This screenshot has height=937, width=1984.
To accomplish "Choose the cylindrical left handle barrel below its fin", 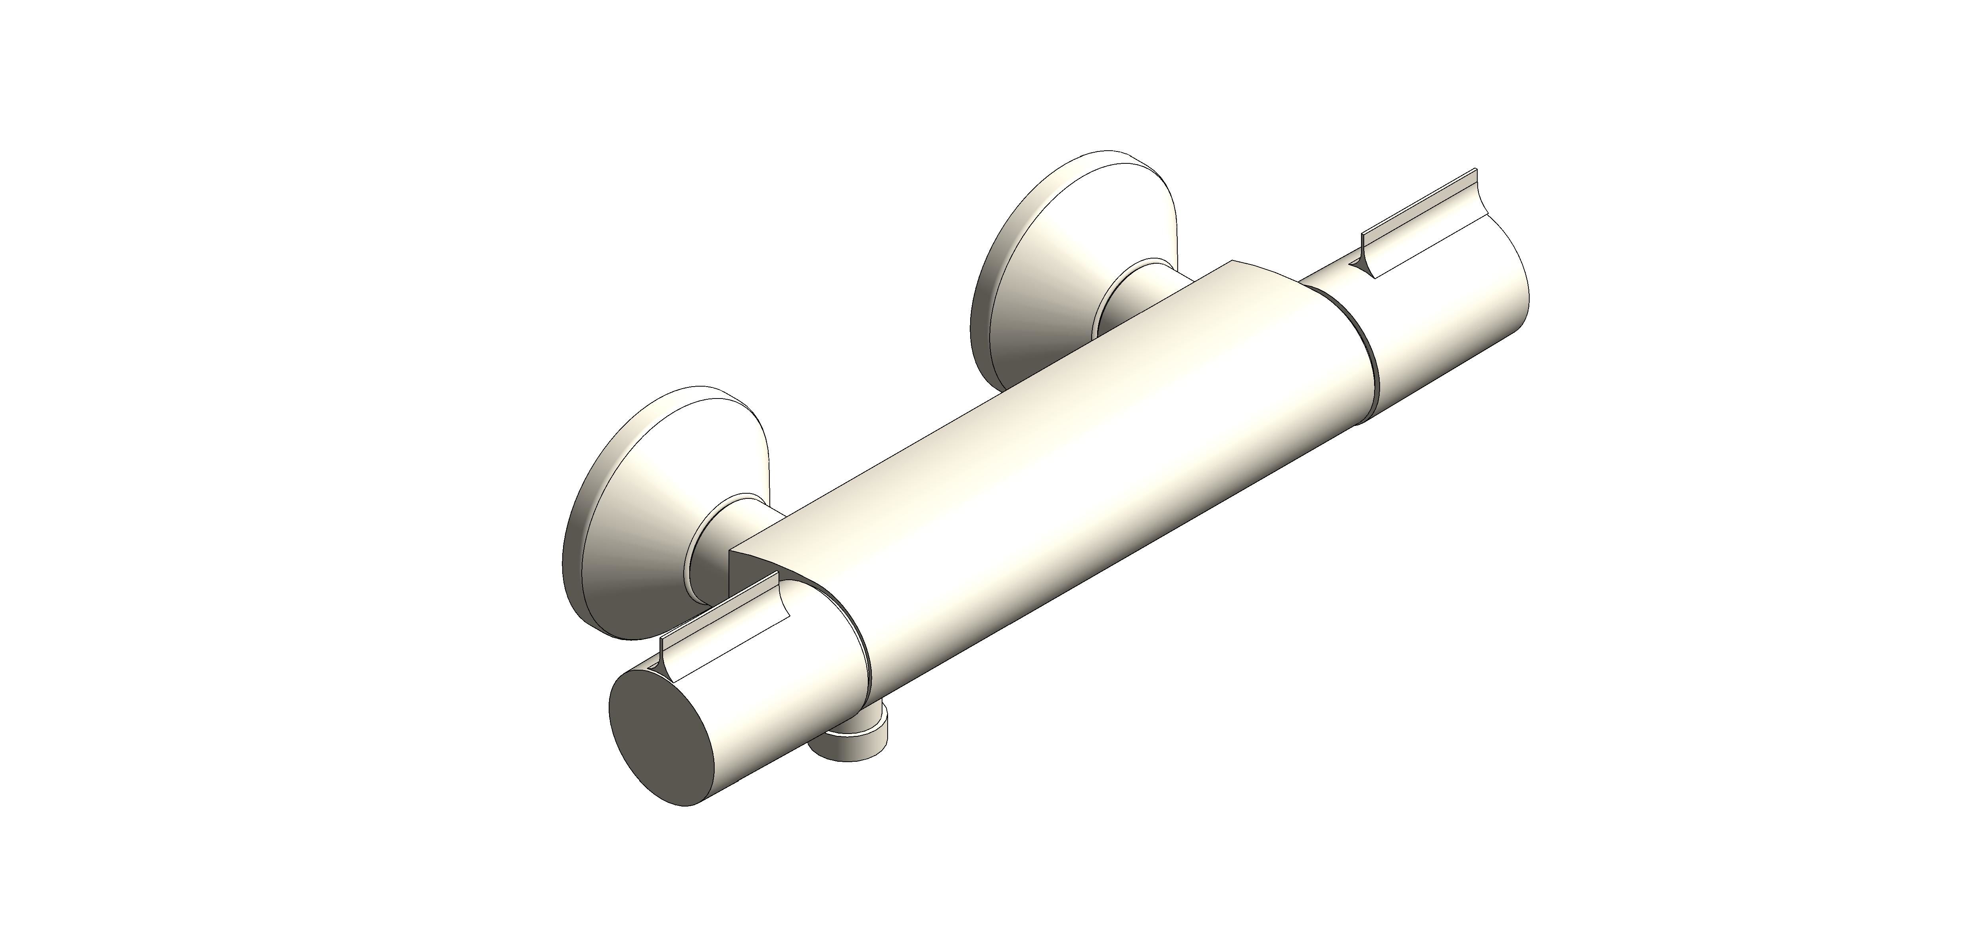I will click(x=763, y=693).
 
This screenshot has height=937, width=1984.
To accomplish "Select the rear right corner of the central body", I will click(x=1232, y=262).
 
